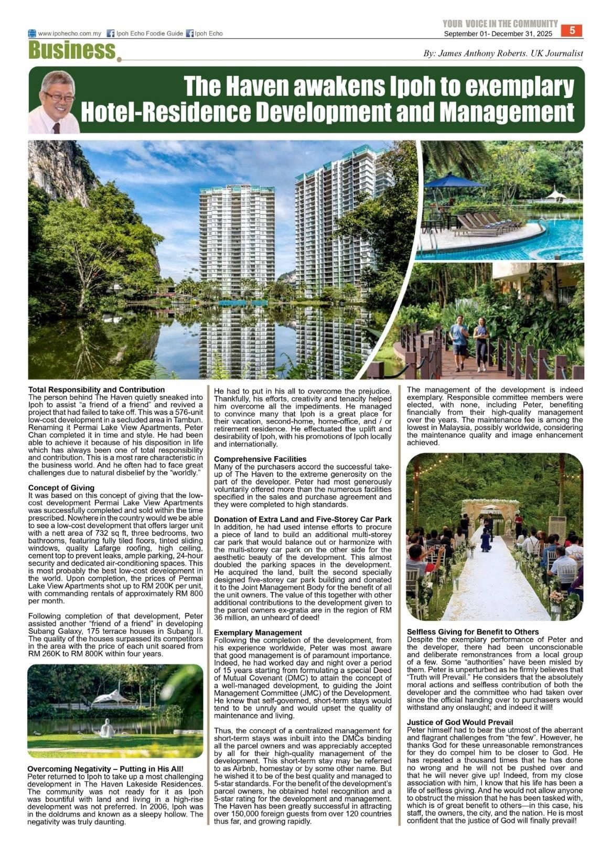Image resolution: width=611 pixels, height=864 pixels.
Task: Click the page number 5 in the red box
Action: tap(572, 30)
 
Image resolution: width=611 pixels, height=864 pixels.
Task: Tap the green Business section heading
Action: tap(72, 51)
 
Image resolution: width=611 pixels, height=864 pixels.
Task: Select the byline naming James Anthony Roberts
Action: tap(503, 53)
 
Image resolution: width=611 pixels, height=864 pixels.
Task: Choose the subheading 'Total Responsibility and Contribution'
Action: tap(97, 390)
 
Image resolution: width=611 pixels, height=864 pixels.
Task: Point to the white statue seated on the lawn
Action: tap(108, 729)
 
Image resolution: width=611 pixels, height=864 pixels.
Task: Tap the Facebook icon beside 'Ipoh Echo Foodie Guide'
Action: tap(111, 34)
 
